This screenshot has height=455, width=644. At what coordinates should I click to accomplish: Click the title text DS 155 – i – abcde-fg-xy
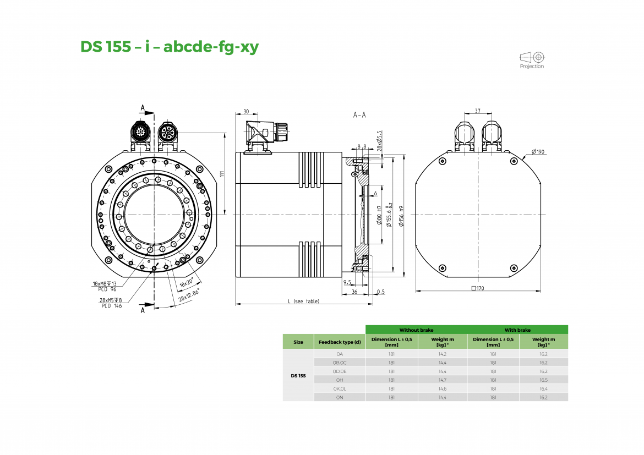coord(170,47)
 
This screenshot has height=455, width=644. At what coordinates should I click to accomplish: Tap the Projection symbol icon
coord(532,57)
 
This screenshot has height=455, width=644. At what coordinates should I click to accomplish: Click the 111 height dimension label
coord(222,173)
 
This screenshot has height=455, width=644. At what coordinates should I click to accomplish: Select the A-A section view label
coord(359,116)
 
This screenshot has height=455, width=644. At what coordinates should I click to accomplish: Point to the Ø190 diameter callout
coord(538,152)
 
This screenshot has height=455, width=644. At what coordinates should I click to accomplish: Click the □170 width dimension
coord(478,288)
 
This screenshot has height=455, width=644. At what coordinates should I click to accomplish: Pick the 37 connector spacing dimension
coord(477,111)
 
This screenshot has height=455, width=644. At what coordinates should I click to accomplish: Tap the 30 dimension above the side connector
coord(245,111)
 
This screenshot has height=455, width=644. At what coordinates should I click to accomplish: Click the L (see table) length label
coord(303,301)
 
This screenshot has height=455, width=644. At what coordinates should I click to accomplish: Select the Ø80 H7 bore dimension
coord(379,215)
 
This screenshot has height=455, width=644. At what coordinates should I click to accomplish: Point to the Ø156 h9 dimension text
coord(402,215)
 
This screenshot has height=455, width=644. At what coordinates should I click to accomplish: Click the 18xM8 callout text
coord(105,283)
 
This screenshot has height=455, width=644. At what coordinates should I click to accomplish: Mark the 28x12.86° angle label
coord(189,295)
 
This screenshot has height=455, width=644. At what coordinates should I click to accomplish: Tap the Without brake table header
coord(416,330)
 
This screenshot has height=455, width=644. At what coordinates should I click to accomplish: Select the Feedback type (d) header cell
coord(340,342)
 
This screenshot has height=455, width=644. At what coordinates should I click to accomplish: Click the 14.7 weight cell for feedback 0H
coord(442,380)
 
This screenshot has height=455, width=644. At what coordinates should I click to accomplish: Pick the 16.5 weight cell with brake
coord(543,380)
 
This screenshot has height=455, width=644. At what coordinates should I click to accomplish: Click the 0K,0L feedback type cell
coord(340,388)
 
